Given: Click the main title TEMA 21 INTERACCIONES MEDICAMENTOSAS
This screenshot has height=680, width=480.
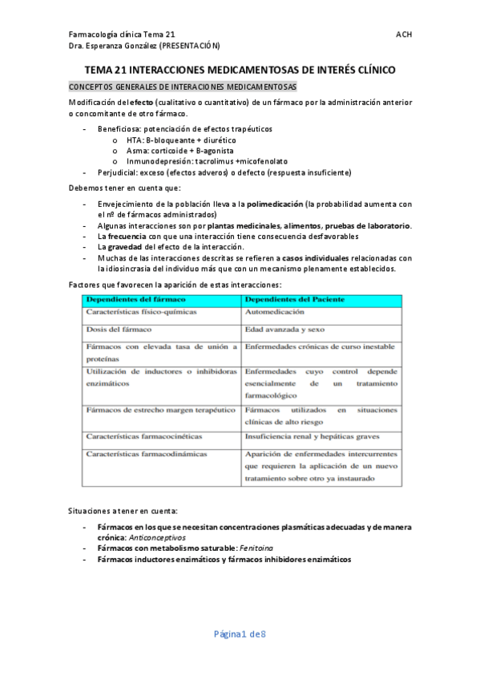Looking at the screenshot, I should point(240,71).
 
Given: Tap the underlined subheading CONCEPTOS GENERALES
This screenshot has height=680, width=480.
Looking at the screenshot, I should point(184,87).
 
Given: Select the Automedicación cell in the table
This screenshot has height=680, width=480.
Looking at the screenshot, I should point(275,312).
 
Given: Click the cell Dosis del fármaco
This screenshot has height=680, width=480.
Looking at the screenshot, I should point(120,330).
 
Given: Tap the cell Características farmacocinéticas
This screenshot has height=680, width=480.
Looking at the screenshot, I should point(144,437).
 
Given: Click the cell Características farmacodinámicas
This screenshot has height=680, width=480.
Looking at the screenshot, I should point(147,454).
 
